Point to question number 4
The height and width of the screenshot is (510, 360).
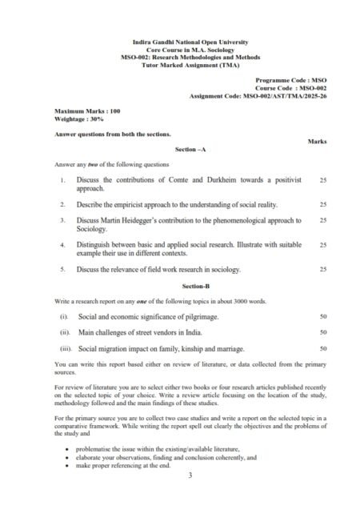point(62,243)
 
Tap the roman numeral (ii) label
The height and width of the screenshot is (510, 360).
point(66,332)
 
